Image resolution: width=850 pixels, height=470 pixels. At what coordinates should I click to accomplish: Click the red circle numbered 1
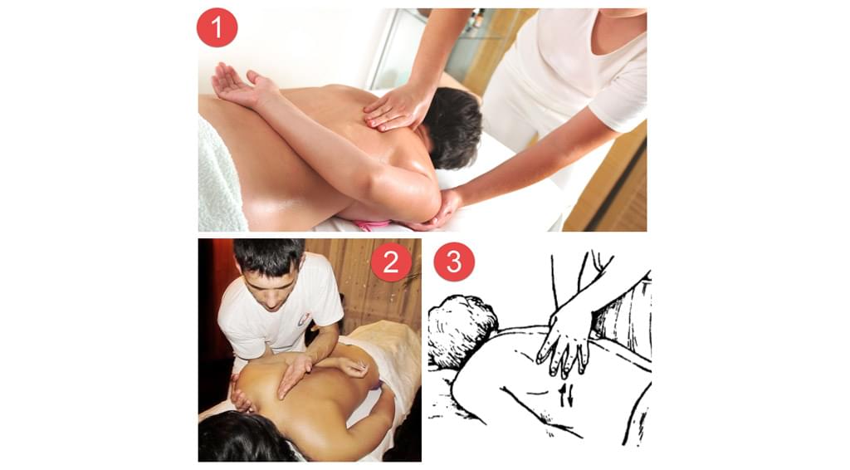click(217, 27)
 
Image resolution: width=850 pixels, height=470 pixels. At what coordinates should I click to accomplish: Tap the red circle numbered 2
click(391, 262)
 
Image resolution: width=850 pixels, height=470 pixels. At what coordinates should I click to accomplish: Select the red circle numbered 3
click(454, 262)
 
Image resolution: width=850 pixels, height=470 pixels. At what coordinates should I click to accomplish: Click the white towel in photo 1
click(219, 179)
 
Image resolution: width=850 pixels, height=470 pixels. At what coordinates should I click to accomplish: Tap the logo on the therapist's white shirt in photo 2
click(304, 319)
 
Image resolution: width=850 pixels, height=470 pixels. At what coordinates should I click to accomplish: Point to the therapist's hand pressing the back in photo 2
click(293, 374)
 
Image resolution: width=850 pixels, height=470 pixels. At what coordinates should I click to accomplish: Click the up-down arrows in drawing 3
click(564, 394)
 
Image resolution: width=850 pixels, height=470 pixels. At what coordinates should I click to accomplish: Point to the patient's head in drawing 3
click(462, 330)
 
